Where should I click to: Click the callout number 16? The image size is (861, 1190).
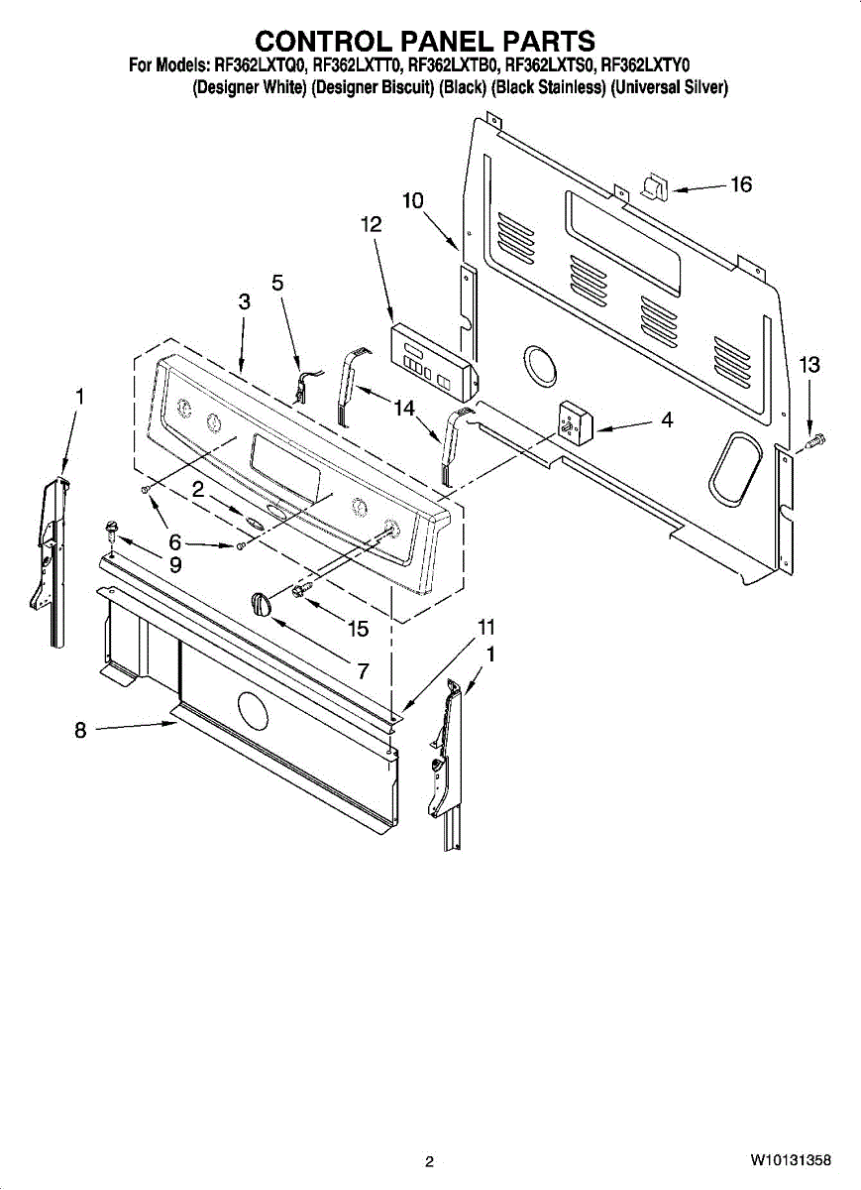pyautogui.click(x=741, y=184)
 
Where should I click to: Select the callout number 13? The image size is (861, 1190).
pyautogui.click(x=809, y=365)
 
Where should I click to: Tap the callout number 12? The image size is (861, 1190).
pyautogui.click(x=370, y=225)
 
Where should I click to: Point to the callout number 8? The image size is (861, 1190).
pyautogui.click(x=80, y=731)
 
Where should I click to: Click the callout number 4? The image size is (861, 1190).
pyautogui.click(x=667, y=420)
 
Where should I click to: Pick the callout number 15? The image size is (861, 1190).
pyautogui.click(x=357, y=628)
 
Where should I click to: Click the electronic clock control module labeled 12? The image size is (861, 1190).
pyautogui.click(x=432, y=358)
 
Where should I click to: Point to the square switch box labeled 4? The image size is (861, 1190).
pyautogui.click(x=574, y=423)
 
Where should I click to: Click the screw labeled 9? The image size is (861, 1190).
pyautogui.click(x=111, y=529)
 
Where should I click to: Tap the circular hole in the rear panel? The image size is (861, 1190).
pyautogui.click(x=539, y=366)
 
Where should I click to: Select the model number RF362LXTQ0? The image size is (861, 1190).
pyautogui.click(x=260, y=66)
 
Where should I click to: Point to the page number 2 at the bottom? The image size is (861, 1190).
pyautogui.click(x=429, y=1161)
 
